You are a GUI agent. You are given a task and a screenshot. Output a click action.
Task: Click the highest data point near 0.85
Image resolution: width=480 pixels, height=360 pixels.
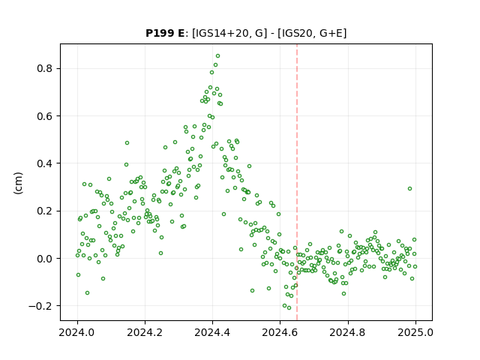(218, 56)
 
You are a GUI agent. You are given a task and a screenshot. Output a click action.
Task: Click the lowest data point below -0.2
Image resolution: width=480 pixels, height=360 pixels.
(289, 307)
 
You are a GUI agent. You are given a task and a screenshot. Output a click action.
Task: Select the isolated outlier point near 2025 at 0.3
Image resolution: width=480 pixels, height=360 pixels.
(410, 188)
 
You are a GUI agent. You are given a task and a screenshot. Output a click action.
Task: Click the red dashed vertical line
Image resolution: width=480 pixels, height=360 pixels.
(297, 182)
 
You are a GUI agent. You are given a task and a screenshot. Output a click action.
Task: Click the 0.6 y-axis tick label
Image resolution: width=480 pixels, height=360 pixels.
(45, 116)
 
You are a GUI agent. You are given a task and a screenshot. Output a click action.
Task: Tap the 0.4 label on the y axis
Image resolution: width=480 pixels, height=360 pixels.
(45, 163)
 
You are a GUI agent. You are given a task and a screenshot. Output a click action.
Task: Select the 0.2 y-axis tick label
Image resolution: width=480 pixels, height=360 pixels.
(45, 211)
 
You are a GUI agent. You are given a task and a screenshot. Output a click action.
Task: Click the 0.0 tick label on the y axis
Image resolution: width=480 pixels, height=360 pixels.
(45, 259)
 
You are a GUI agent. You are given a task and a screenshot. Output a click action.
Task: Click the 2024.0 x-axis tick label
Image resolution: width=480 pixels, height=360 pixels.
(77, 332)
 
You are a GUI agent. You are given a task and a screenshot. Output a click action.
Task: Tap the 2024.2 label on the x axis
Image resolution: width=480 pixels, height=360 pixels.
(145, 332)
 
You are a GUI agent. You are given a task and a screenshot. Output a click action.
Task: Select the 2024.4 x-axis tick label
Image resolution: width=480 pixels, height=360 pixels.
(212, 332)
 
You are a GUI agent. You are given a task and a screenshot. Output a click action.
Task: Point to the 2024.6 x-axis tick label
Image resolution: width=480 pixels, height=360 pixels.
(280, 332)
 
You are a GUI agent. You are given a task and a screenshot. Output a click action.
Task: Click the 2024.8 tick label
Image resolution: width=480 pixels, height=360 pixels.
(348, 332)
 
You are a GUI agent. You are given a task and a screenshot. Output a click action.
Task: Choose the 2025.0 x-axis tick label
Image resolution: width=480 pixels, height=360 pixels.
(415, 332)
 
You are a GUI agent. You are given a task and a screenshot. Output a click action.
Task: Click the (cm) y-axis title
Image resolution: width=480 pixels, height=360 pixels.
(18, 183)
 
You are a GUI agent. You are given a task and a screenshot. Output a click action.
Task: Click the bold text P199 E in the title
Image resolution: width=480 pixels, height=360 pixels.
(165, 33)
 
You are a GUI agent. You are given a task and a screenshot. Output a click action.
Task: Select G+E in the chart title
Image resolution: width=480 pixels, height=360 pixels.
(331, 33)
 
